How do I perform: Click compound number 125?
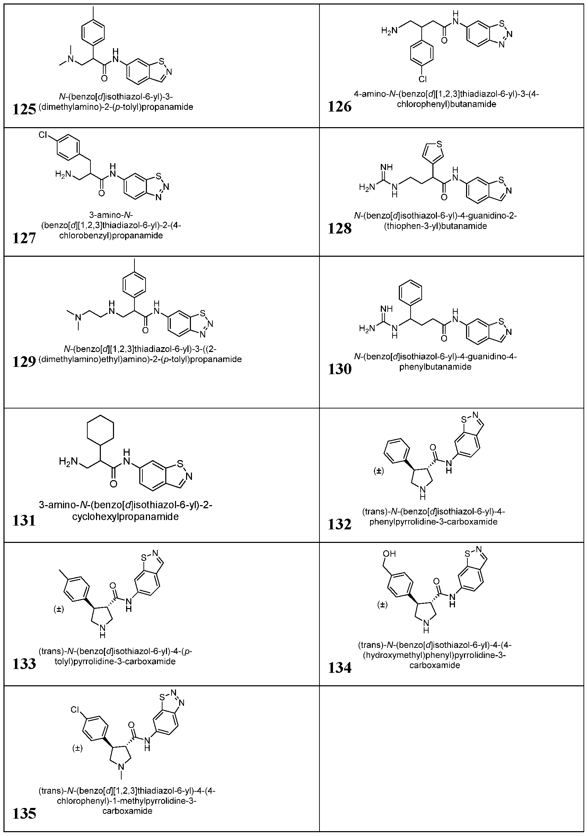(24, 109)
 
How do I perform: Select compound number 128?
(340, 228)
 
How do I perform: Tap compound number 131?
(24, 521)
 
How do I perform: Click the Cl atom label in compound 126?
(422, 79)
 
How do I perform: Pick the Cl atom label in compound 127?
(43, 135)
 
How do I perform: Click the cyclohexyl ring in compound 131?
(100, 431)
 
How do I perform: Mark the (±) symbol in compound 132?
(379, 471)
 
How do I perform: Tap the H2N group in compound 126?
(387, 31)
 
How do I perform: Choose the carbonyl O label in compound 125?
(105, 78)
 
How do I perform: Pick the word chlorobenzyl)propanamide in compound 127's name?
(111, 235)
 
